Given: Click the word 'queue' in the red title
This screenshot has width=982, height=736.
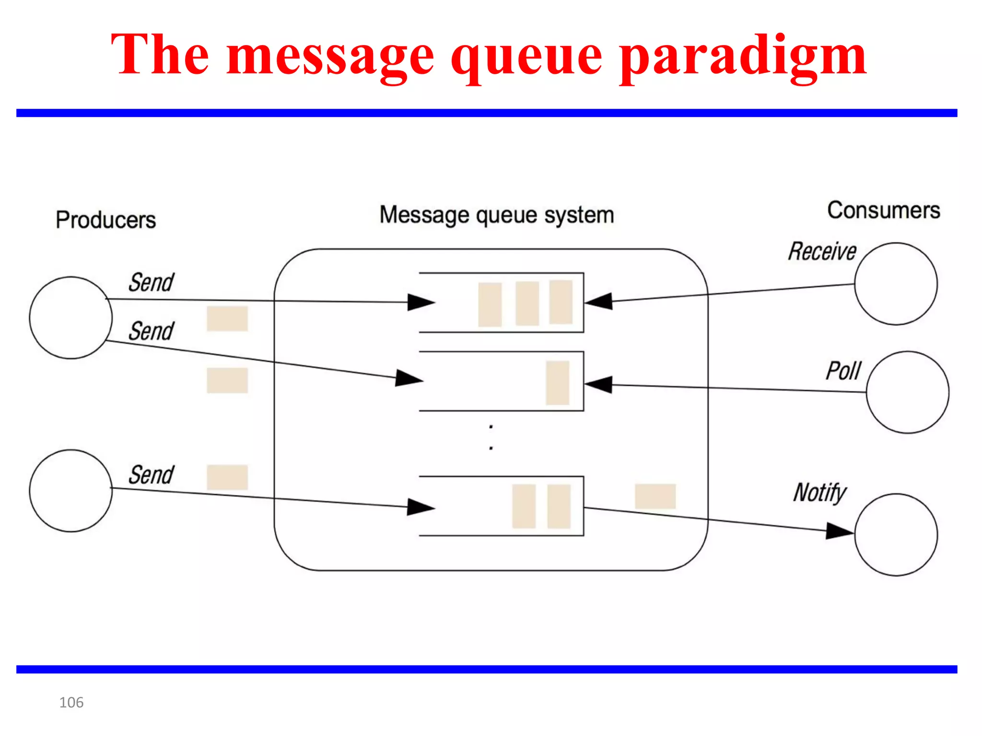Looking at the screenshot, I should pyautogui.click(x=526, y=57).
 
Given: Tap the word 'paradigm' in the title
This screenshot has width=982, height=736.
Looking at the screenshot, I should pyautogui.click(x=743, y=57).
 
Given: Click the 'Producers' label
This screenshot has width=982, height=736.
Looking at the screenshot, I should pyautogui.click(x=105, y=220).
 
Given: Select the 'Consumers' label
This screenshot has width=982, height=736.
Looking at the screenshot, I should pyautogui.click(x=883, y=210).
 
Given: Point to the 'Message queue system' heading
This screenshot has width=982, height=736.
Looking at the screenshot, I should pyautogui.click(x=496, y=215).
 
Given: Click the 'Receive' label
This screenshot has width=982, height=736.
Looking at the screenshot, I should pyautogui.click(x=822, y=252).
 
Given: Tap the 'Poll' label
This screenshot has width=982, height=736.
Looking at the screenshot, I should pyautogui.click(x=843, y=371).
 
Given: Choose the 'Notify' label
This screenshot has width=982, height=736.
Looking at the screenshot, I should pyautogui.click(x=819, y=493).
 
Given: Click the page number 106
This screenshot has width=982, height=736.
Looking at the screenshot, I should pyautogui.click(x=71, y=702).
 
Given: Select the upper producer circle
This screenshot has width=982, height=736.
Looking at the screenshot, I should pyautogui.click(x=70, y=318).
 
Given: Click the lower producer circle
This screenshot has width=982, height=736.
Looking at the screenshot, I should pyautogui.click(x=70, y=491).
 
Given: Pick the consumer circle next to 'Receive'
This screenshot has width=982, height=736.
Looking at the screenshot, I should pyautogui.click(x=896, y=284).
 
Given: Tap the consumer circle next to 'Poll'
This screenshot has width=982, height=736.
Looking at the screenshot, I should pyautogui.click(x=907, y=392).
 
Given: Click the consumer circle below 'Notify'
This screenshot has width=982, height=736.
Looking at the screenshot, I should pyautogui.click(x=896, y=534).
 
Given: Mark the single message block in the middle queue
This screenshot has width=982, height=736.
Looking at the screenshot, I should pyautogui.click(x=557, y=383).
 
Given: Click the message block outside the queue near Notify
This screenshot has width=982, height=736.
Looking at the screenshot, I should pyautogui.click(x=655, y=496).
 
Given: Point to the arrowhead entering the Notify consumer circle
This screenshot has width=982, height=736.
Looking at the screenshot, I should pyautogui.click(x=839, y=531).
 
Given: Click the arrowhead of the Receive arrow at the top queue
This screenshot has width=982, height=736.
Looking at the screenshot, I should pyautogui.click(x=599, y=301).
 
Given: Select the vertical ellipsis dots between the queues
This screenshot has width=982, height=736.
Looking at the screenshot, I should pyautogui.click(x=491, y=437).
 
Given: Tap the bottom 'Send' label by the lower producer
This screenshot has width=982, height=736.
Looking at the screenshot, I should pyautogui.click(x=151, y=475).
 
